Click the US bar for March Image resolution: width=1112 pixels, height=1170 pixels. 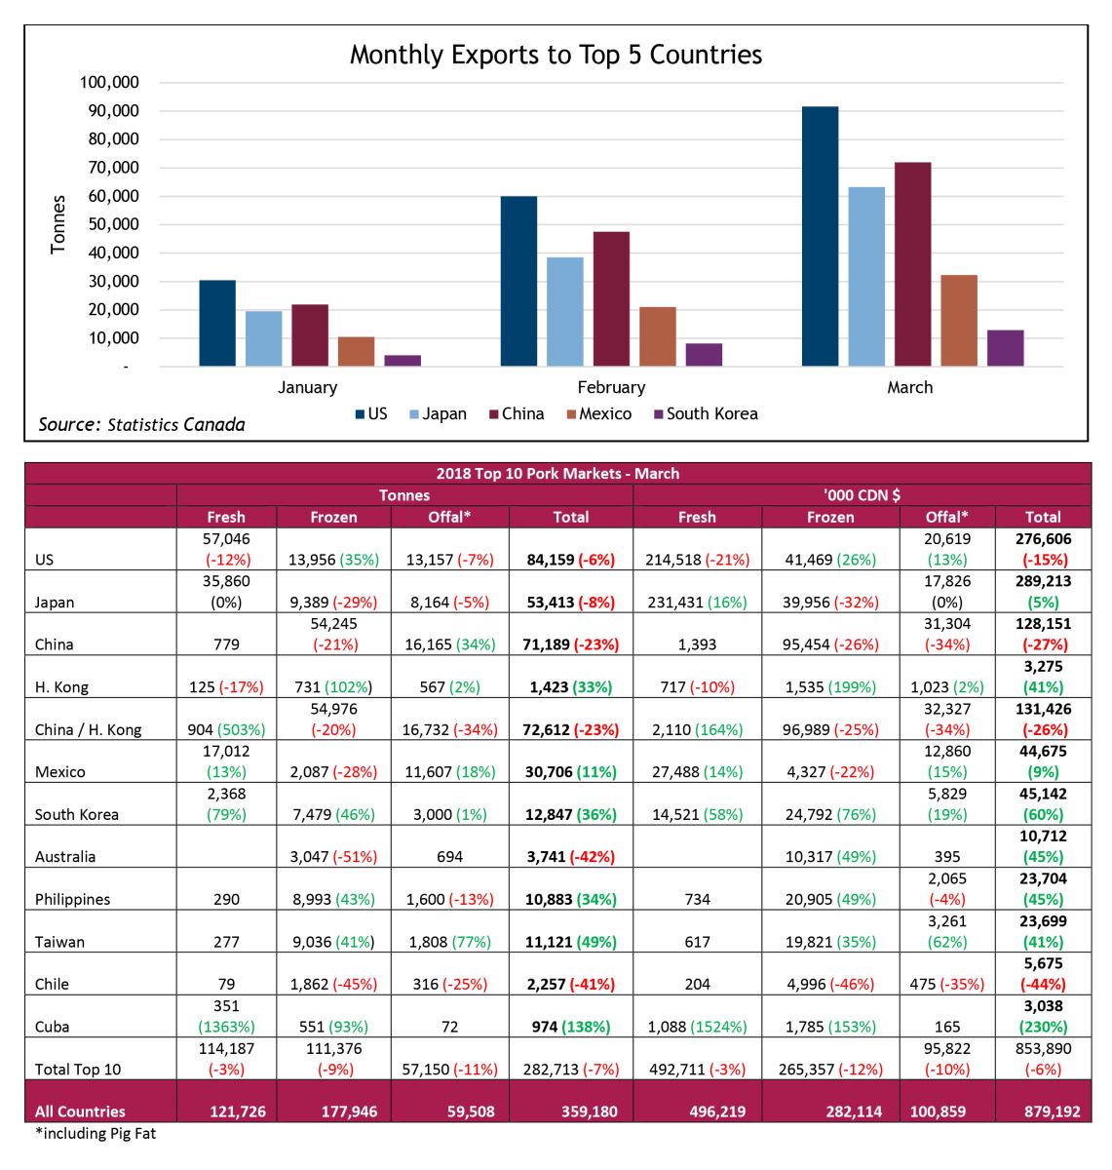[x=820, y=236]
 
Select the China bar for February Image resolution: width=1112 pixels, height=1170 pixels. [x=611, y=298]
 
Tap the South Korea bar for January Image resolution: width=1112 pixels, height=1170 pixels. [x=403, y=360]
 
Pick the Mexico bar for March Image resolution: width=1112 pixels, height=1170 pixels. [x=958, y=320]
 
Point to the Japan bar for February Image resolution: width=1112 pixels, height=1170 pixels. [x=564, y=311]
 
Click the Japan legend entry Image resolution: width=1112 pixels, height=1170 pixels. [x=438, y=413]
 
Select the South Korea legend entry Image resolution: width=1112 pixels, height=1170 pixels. [x=706, y=413]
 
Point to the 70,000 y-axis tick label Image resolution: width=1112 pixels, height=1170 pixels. [x=113, y=168]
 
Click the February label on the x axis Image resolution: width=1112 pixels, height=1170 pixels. [x=611, y=387]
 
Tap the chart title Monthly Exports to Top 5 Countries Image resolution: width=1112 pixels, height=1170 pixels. [x=556, y=55]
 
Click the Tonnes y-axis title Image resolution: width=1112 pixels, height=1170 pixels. [x=58, y=224]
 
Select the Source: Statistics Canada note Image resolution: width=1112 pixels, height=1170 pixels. [x=141, y=424]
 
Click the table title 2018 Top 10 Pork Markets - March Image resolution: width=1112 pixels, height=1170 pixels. [x=557, y=473]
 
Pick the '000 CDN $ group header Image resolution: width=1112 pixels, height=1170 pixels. [x=862, y=495]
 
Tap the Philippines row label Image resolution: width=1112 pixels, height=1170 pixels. [x=72, y=899]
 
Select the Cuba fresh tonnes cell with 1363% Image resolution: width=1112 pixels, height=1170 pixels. [x=226, y=1016]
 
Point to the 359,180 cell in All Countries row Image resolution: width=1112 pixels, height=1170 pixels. [x=589, y=1111]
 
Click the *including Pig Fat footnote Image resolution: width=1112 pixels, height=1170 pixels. [x=96, y=1133]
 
